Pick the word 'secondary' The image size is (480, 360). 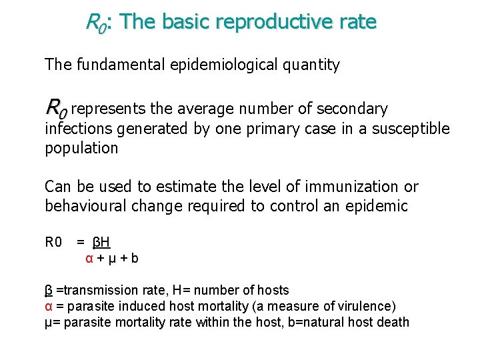point(353,109)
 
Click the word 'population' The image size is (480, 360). point(81,148)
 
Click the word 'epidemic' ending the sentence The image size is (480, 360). point(376,206)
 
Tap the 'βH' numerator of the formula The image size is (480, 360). point(102,241)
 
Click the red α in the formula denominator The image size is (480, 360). point(89,258)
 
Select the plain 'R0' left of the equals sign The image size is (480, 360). point(53,241)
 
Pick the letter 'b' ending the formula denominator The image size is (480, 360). point(135,258)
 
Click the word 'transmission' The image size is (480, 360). point(93,290)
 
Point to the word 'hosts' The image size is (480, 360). point(273,290)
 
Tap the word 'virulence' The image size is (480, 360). point(367,306)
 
